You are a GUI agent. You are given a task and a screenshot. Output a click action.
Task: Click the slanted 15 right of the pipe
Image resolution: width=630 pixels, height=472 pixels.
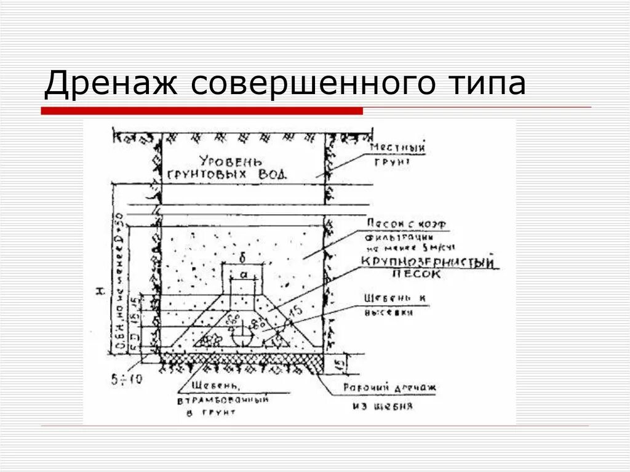click(296, 311)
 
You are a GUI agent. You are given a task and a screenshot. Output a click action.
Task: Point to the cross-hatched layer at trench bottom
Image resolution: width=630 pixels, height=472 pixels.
click(240, 358)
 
